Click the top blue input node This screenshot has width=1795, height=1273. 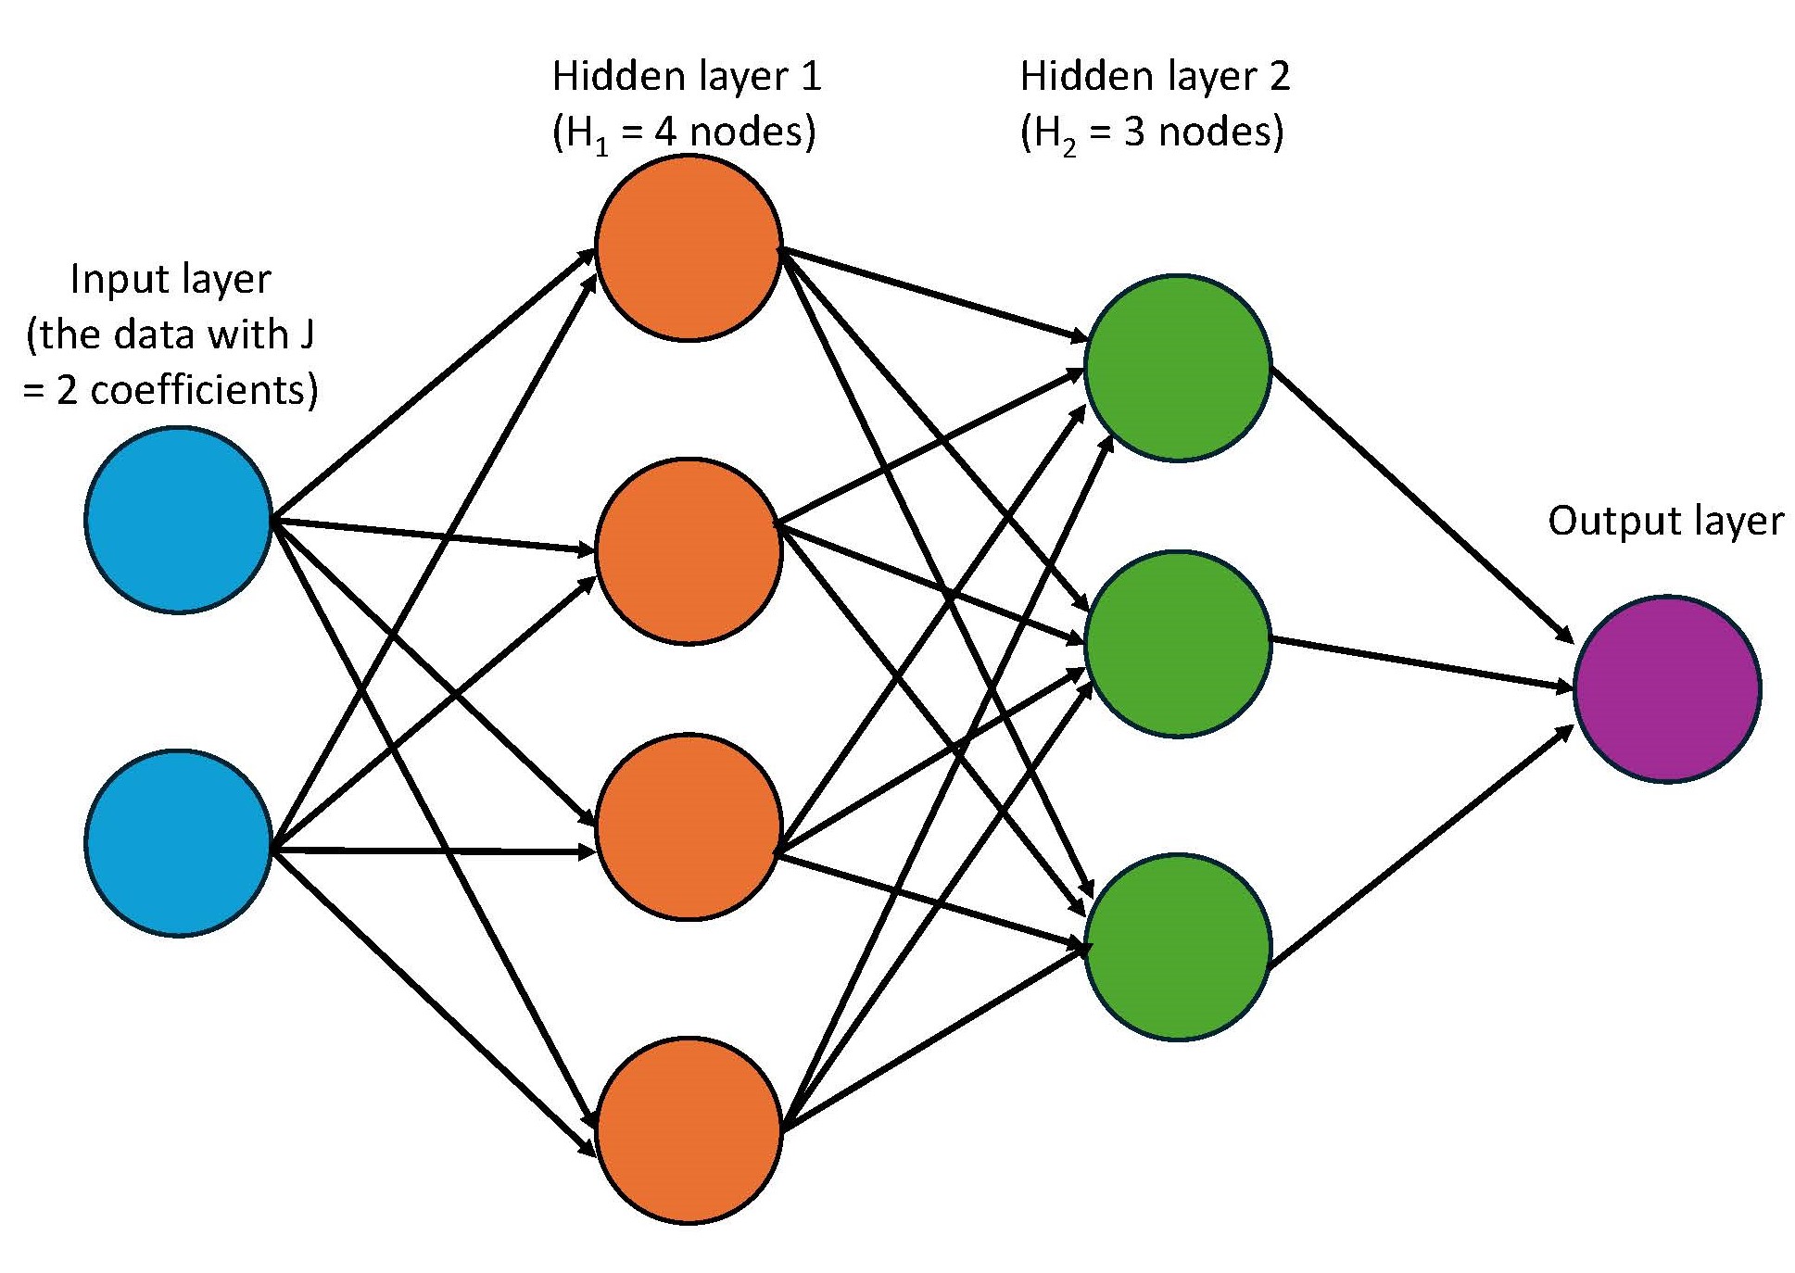point(178,520)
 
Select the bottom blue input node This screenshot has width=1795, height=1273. point(178,842)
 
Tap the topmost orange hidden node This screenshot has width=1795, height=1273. point(689,247)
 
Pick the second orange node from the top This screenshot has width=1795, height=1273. point(689,551)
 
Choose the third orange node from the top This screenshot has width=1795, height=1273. point(689,827)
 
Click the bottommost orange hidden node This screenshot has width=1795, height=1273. point(689,1130)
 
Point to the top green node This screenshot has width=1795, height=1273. point(1177,367)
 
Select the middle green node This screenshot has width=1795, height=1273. point(1177,644)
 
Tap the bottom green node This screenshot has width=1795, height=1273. point(1177,947)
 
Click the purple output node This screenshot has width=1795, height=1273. point(1666,689)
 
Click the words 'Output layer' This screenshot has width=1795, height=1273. point(1665,521)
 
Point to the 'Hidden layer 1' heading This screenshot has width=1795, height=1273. point(687,76)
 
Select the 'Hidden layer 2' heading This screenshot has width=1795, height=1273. point(1155,76)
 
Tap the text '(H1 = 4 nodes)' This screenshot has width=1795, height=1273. point(684,132)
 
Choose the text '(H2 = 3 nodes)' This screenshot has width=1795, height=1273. point(1152,132)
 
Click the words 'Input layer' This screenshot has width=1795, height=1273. point(171,279)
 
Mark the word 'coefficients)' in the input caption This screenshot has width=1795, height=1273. point(204,390)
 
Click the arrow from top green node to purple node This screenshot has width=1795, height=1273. point(1422,504)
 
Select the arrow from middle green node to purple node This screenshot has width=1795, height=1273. point(1422,663)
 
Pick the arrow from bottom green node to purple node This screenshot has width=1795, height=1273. point(1422,847)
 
